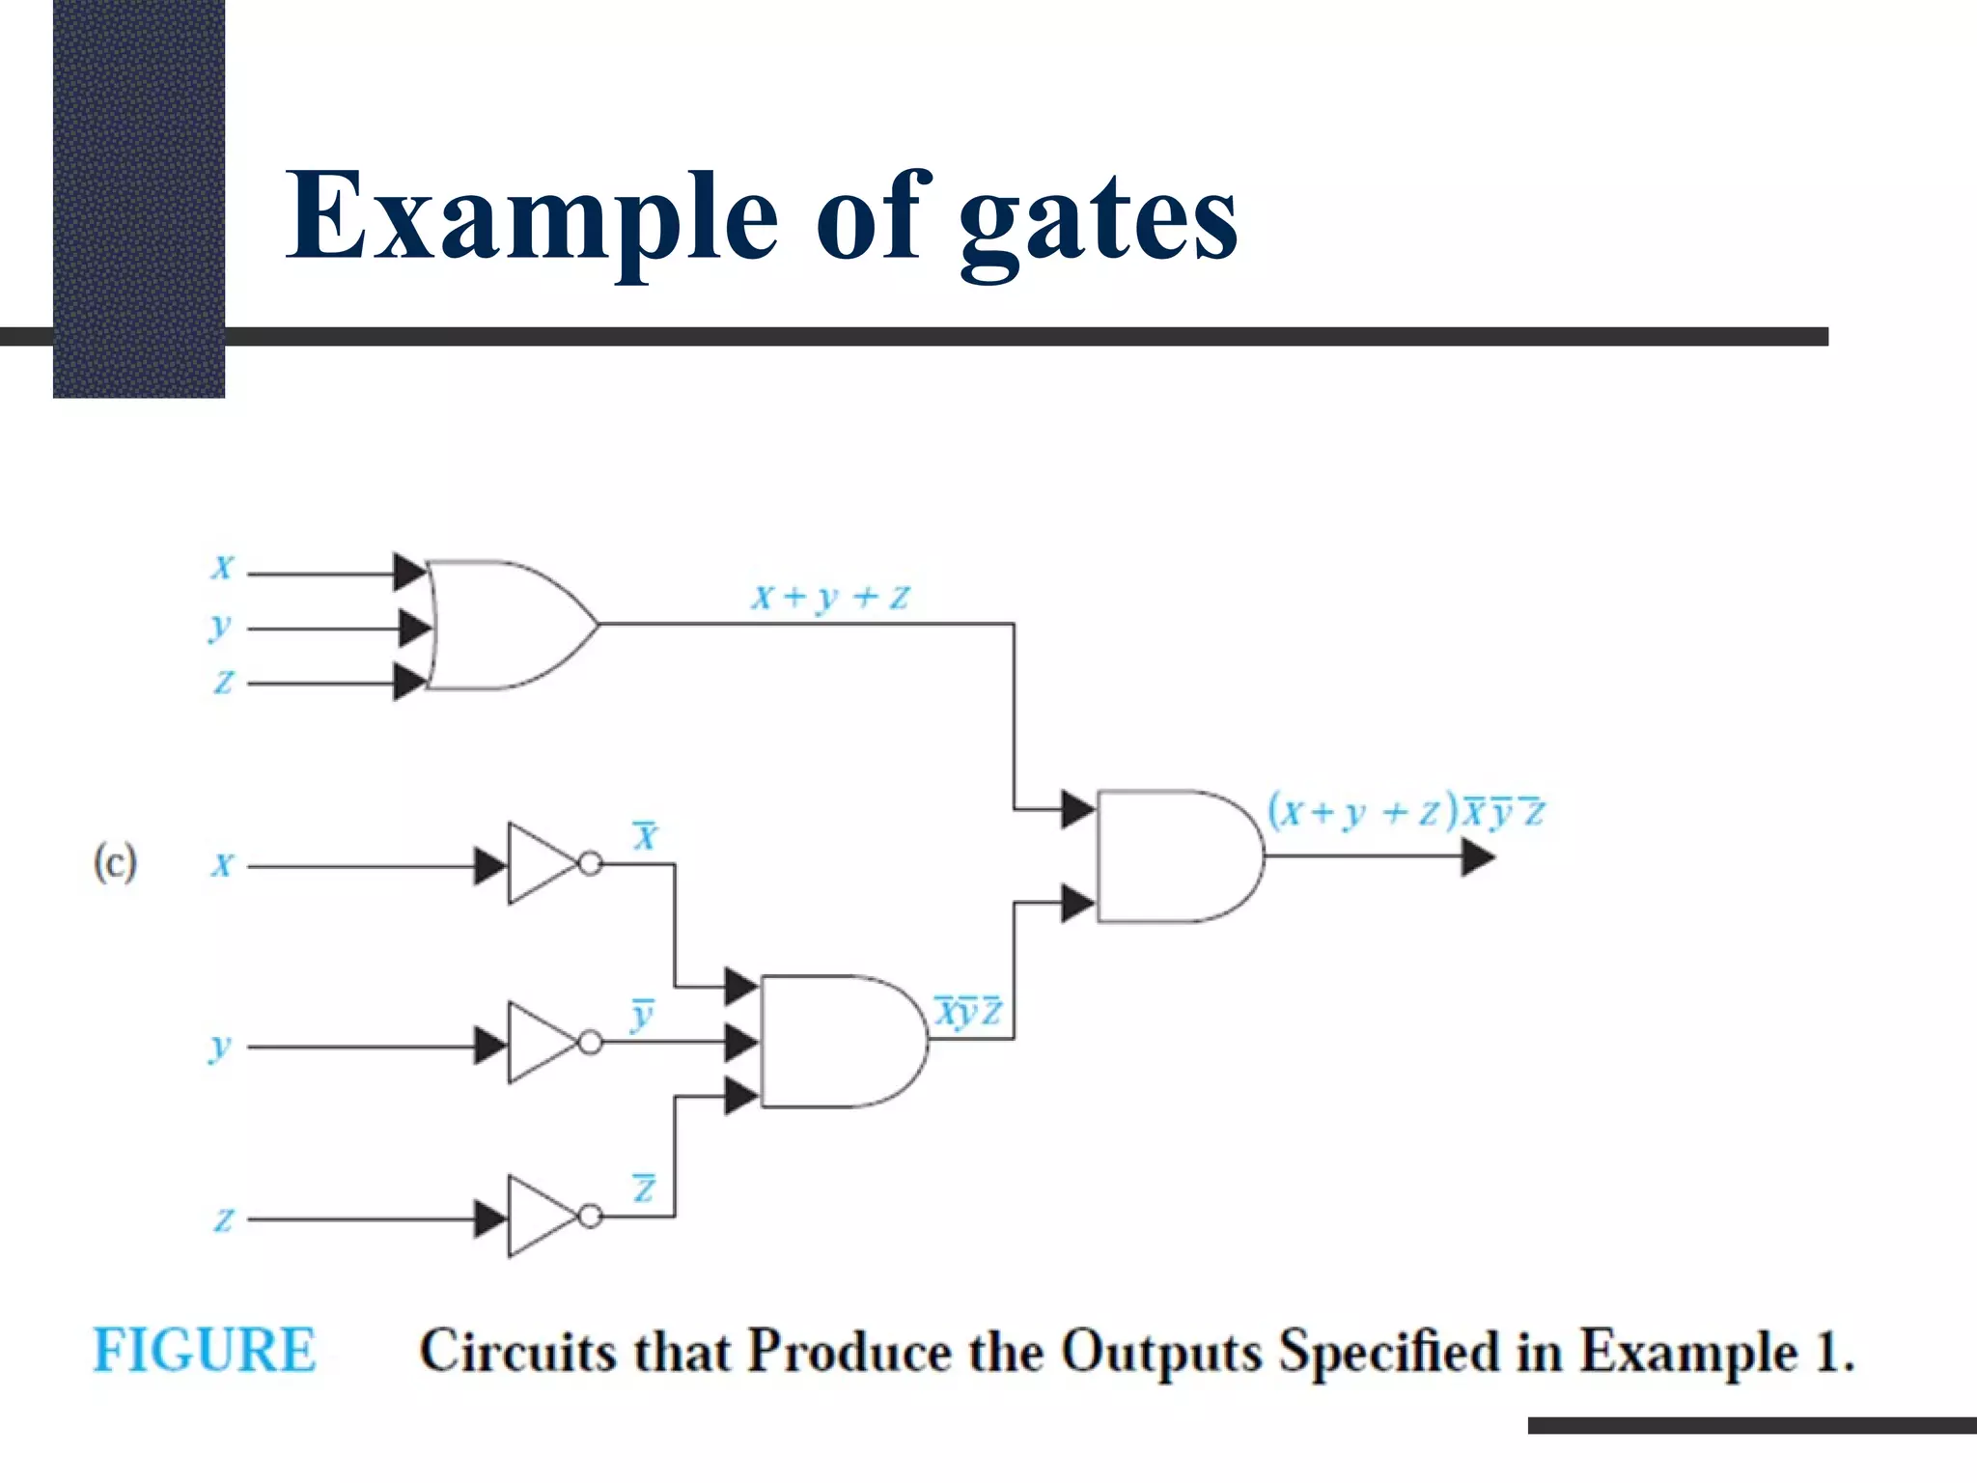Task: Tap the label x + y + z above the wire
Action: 830,597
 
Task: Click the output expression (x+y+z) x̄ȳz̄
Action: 1406,812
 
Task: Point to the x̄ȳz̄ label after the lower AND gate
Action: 968,1012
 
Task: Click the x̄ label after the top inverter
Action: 645,835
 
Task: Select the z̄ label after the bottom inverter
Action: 644,1189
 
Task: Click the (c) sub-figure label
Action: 116,862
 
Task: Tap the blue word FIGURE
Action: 205,1350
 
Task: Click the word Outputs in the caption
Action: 1161,1352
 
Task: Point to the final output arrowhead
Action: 1477,857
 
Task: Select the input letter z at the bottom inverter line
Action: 223,1220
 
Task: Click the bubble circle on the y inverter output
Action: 591,1043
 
